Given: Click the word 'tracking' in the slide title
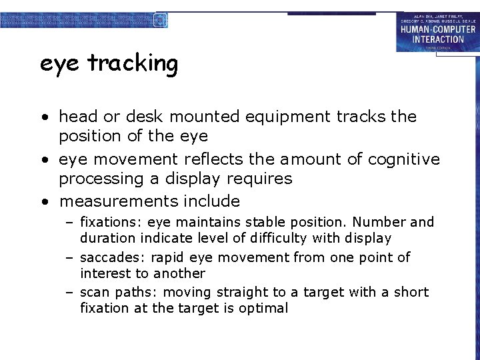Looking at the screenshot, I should click(133, 64).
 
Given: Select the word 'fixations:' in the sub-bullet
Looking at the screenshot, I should click(111, 222).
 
